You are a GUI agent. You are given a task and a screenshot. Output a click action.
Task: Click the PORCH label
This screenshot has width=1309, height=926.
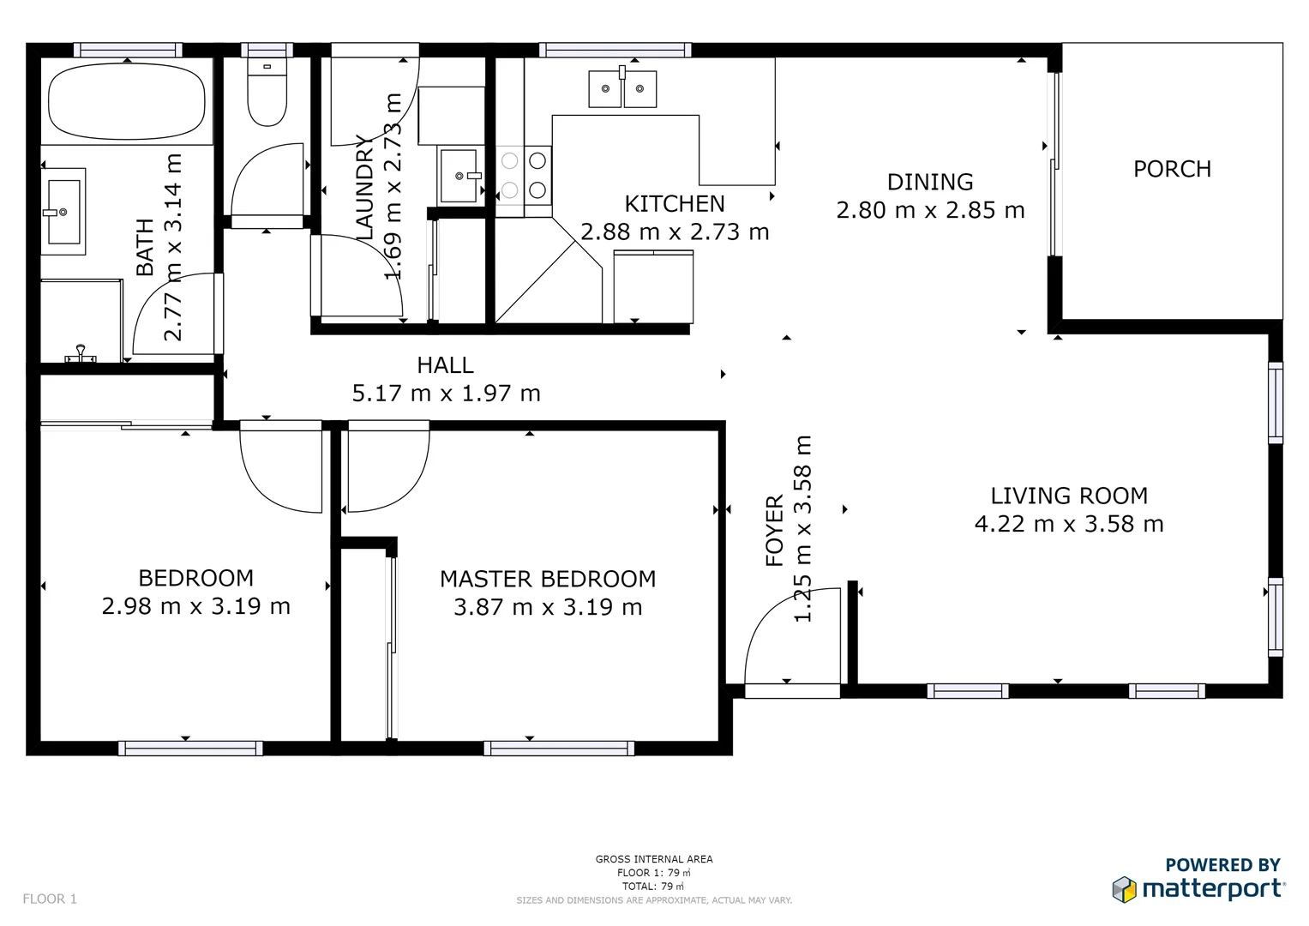click(x=1172, y=169)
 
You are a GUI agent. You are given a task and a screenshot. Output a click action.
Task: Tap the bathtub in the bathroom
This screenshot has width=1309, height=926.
click(x=127, y=101)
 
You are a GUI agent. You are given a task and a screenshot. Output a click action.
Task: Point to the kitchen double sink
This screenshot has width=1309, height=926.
click(x=622, y=88)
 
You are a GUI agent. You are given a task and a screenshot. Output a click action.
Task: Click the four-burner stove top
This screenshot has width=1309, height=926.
click(x=524, y=175)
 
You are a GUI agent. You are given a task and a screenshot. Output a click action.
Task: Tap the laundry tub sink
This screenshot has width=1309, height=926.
click(x=459, y=175)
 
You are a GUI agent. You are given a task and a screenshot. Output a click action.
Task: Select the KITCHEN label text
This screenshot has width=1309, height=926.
click(x=674, y=204)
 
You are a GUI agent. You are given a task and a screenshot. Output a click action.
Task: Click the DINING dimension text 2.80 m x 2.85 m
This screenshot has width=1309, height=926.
click(x=930, y=210)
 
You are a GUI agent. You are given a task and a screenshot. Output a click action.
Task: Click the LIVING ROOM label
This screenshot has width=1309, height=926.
click(x=1068, y=496)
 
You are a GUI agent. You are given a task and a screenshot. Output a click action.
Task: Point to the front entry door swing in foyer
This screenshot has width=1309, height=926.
click(x=793, y=639)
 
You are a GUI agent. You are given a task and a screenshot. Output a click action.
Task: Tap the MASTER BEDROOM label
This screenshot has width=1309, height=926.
click(x=548, y=579)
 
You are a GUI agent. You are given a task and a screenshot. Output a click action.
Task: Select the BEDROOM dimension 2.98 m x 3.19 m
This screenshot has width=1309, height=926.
click(x=196, y=606)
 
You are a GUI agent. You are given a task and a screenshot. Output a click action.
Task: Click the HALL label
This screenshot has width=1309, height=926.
click(x=445, y=365)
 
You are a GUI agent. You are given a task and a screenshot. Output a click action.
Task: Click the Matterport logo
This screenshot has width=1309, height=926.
click(x=1198, y=888)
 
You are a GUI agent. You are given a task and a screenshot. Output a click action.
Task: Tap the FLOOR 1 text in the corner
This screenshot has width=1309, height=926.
click(x=50, y=899)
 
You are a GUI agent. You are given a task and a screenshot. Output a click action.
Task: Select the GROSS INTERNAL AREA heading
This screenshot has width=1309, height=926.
click(x=654, y=859)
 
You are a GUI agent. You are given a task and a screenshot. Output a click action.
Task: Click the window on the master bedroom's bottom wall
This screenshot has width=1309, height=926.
click(x=559, y=749)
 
